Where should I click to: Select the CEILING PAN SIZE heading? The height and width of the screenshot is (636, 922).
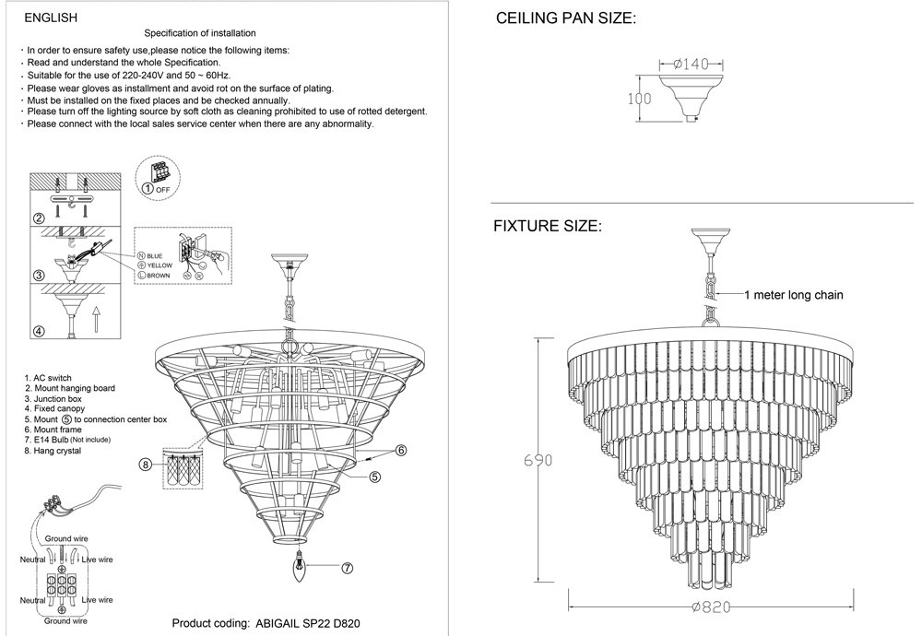click(566, 19)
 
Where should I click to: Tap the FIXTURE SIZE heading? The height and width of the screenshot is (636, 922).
click(548, 226)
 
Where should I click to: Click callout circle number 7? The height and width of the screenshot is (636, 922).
click(348, 569)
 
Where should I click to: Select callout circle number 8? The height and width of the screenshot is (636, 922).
click(147, 465)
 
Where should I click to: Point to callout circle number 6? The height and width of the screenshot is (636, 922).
click(402, 451)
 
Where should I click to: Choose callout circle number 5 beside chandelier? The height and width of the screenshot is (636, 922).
click(376, 477)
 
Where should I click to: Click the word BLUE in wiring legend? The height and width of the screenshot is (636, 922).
click(154, 254)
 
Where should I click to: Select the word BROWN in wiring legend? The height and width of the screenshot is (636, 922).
click(159, 275)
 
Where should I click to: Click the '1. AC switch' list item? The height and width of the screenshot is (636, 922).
click(48, 378)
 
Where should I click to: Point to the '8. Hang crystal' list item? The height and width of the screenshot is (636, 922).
click(53, 451)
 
